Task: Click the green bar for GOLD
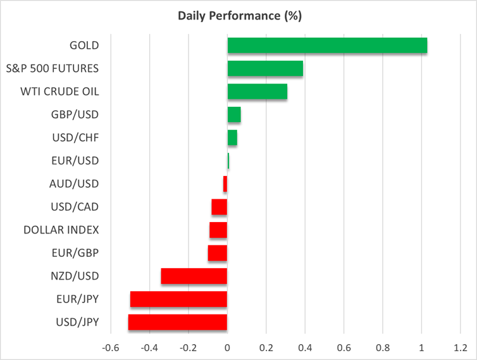pos(327,46)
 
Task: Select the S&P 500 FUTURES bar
pos(265,68)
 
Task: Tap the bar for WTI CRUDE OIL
pos(257,92)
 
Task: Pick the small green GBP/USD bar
pos(234,115)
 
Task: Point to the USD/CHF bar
pos(232,138)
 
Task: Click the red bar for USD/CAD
pos(220,207)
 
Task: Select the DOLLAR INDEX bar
pos(218,230)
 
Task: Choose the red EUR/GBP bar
pos(218,253)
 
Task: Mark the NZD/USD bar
pos(194,276)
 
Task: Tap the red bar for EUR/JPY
pos(179,299)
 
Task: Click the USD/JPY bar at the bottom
pos(178,322)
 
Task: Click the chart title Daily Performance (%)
pos(238,15)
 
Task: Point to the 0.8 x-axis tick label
pos(383,348)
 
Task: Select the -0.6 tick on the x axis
pos(110,348)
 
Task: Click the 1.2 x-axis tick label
pos(461,348)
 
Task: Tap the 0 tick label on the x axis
pos(227,348)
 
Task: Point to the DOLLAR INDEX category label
pos(61,230)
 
